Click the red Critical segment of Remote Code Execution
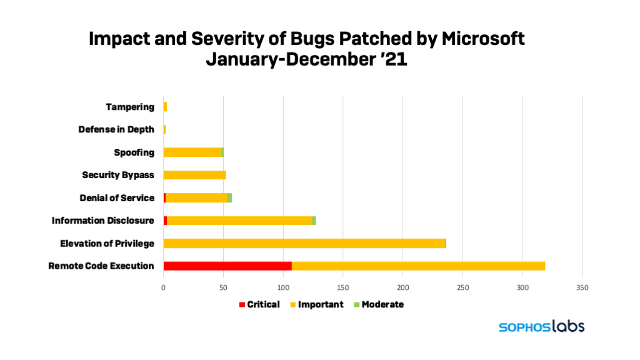pyautogui.click(x=227, y=266)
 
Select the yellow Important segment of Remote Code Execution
pyautogui.click(x=418, y=266)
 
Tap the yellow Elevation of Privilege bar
pyautogui.click(x=304, y=243)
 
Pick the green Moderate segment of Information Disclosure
pyautogui.click(x=314, y=221)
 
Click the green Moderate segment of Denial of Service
pyautogui.click(x=229, y=197)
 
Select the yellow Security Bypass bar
pyautogui.click(x=194, y=175)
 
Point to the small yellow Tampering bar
pyautogui.click(x=165, y=107)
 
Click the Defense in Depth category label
pyautogui.click(x=116, y=129)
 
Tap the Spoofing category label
pyautogui.click(x=134, y=152)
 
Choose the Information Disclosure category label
pyautogui.click(x=103, y=221)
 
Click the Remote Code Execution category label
pyautogui.click(x=101, y=266)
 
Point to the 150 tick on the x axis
pyautogui.click(x=342, y=287)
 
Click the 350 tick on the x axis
pyautogui.click(x=582, y=287)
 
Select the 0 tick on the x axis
pyautogui.click(x=164, y=287)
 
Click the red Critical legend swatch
pyautogui.click(x=242, y=304)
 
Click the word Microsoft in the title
pyautogui.click(x=482, y=39)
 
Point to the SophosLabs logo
pyautogui.click(x=541, y=326)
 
